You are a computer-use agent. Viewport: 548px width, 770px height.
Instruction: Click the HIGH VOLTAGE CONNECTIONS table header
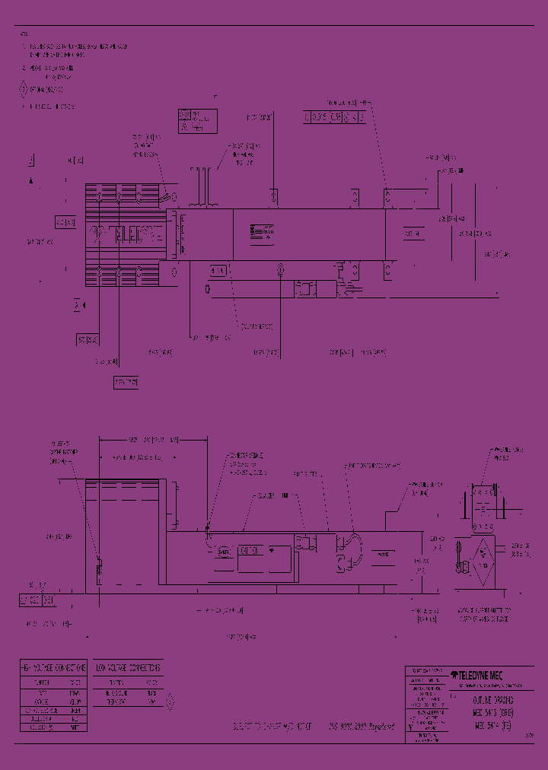(x=53, y=667)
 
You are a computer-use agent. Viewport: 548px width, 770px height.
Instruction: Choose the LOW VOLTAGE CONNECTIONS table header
(x=129, y=667)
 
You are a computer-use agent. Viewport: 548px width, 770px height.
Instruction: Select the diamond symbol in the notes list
(x=23, y=89)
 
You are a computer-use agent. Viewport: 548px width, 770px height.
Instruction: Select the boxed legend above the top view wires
(x=196, y=120)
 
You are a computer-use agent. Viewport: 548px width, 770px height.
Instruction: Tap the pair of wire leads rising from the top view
(x=203, y=186)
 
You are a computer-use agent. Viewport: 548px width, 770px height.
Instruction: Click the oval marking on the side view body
(x=224, y=551)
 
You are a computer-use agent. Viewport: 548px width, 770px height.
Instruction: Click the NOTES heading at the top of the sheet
(x=24, y=34)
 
